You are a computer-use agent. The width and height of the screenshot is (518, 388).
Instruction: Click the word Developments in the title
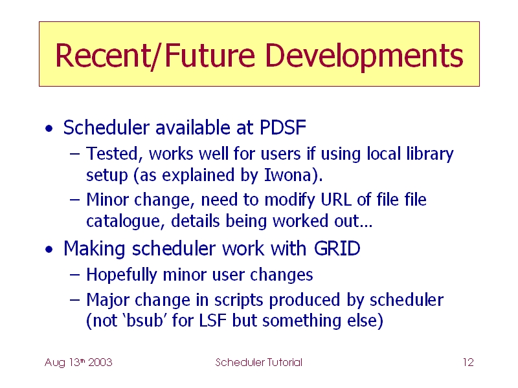coord(364,56)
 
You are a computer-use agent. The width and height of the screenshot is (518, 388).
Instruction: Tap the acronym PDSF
coord(283,127)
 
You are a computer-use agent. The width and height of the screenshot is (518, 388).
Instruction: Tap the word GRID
coord(337,248)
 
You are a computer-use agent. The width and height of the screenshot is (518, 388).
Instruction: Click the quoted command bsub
coord(144,321)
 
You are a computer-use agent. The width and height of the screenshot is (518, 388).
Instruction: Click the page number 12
coord(468,362)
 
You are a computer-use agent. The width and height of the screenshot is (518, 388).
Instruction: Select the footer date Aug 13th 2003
coord(78,363)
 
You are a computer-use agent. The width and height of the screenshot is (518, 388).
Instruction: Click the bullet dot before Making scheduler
coord(49,250)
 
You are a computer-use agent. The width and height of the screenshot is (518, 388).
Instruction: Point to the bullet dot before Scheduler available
coord(49,128)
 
